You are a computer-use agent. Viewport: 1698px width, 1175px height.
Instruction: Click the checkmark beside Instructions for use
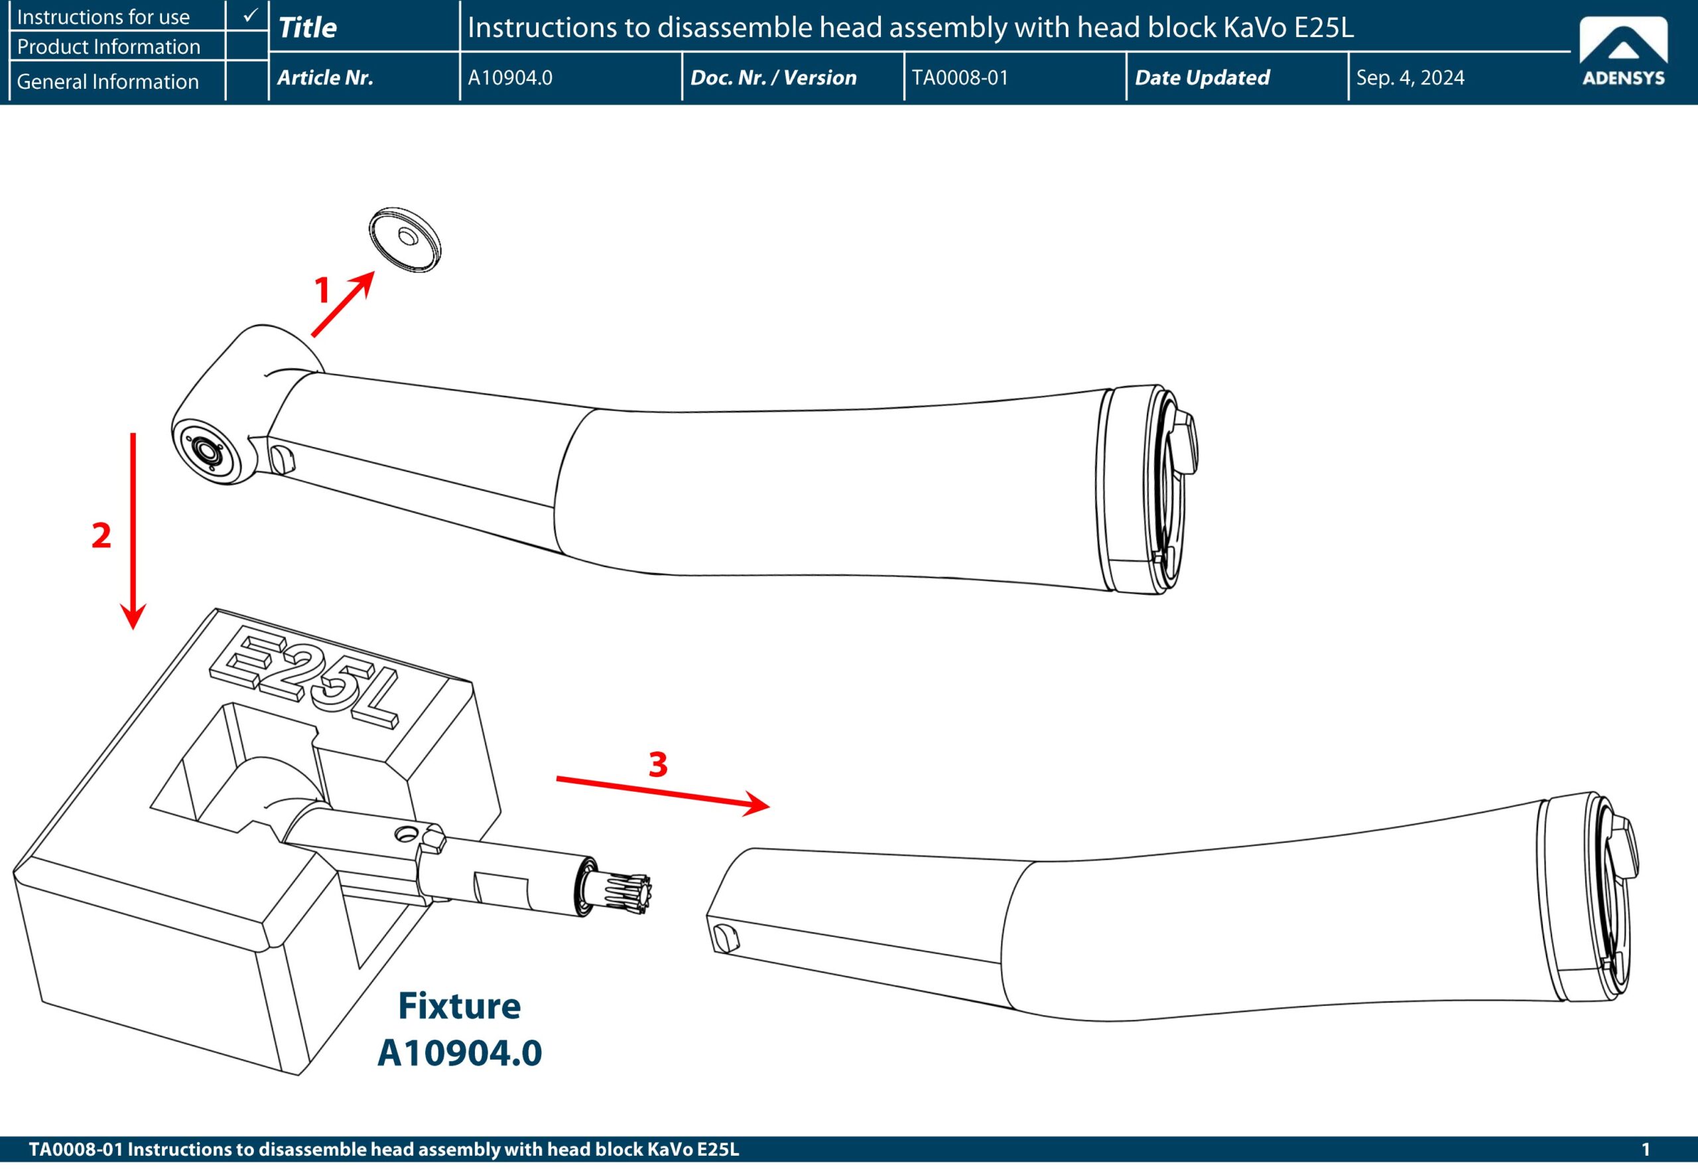click(x=250, y=15)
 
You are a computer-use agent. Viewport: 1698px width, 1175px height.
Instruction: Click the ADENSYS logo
click(x=1624, y=52)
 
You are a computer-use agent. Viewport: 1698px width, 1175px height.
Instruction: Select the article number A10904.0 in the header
click(x=509, y=78)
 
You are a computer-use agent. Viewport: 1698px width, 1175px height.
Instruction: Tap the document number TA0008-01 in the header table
click(x=960, y=78)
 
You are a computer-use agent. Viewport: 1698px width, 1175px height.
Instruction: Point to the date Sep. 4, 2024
click(x=1410, y=78)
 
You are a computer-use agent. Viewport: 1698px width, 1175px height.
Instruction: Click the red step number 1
click(x=322, y=290)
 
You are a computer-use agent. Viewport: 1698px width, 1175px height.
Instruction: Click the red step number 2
click(x=101, y=535)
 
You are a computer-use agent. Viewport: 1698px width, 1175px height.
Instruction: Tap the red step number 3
click(x=658, y=764)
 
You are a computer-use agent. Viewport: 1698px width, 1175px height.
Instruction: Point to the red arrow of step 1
click(x=343, y=304)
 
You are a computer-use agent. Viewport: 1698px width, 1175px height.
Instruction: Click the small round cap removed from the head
click(x=405, y=239)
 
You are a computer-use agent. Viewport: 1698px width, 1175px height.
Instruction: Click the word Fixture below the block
click(x=460, y=1006)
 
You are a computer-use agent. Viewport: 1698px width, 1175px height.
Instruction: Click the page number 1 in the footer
click(x=1646, y=1149)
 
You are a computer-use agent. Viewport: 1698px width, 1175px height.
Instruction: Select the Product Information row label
click(x=108, y=47)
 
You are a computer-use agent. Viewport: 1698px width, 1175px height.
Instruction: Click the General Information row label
click(x=107, y=81)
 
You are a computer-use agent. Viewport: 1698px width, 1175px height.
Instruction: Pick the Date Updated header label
click(x=1202, y=78)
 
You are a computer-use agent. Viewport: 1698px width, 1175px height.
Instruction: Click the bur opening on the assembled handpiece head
click(x=206, y=450)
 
